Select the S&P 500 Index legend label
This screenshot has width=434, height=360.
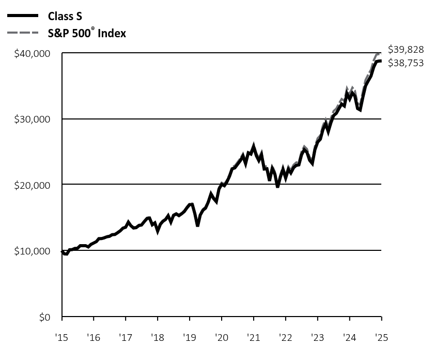91,33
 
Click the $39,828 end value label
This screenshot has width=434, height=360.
407,50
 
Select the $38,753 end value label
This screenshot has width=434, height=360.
407,63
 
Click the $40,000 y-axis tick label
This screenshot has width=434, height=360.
32,54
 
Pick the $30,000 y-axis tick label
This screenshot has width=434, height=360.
32,119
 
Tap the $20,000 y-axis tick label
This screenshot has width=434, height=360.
32,185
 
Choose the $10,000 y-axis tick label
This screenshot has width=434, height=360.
32,251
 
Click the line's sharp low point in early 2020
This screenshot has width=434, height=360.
197,226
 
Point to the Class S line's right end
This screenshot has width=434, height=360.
381,61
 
